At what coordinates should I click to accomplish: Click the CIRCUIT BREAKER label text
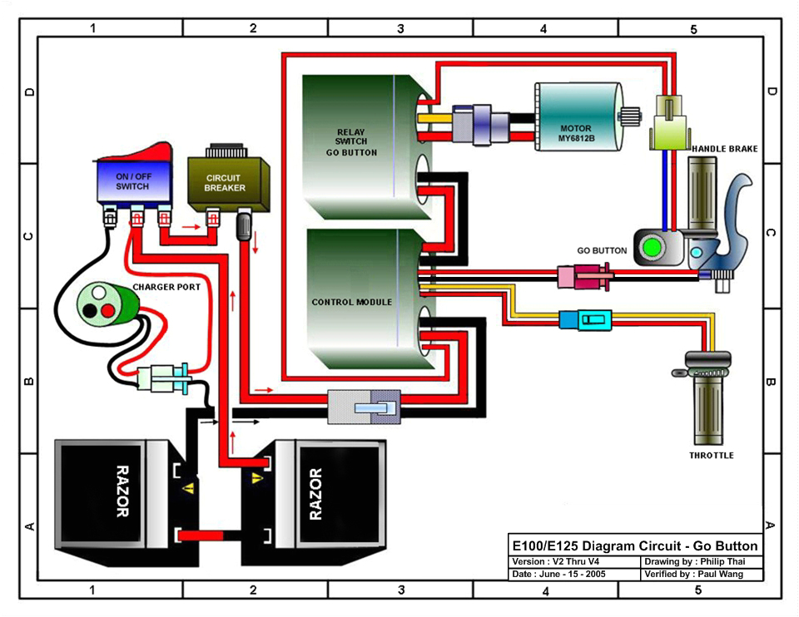(225, 183)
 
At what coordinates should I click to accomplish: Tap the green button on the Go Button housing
(652, 248)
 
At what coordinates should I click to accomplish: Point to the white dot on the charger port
(98, 293)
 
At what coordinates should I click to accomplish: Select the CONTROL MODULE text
(351, 302)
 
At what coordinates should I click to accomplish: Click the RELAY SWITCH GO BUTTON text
(356, 142)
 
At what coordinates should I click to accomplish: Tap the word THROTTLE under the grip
(711, 456)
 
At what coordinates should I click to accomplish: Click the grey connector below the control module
(364, 408)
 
